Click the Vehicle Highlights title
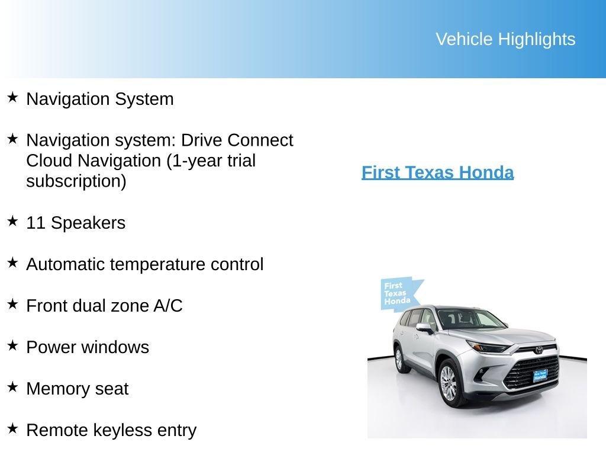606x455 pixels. (505, 39)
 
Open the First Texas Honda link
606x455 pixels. (437, 172)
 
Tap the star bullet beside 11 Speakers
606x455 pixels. (13, 222)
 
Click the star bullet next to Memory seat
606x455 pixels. (13, 387)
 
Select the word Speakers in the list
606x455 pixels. (88, 223)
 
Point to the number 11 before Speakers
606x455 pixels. (36, 223)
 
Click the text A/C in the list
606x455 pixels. (167, 306)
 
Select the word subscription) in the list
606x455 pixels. (76, 181)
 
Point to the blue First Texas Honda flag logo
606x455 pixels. (398, 294)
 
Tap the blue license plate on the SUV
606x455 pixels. (540, 376)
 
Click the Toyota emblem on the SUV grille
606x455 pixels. (539, 350)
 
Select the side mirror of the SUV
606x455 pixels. (424, 326)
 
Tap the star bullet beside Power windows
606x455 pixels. (13, 346)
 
